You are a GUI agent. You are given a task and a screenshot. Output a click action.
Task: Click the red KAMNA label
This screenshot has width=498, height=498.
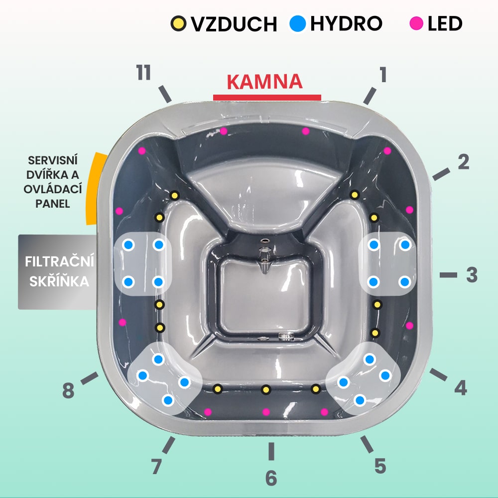(x=264, y=82)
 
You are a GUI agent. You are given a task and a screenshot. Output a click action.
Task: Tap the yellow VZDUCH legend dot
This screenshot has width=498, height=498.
(x=178, y=23)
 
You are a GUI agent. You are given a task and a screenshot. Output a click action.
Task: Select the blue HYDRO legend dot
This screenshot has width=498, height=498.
(x=298, y=23)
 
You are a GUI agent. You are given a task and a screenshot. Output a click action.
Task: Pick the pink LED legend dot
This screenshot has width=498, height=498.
(x=416, y=23)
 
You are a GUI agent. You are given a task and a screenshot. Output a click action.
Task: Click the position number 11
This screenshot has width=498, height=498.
(x=143, y=72)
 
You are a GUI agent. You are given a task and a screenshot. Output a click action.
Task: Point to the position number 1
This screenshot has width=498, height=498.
(x=383, y=74)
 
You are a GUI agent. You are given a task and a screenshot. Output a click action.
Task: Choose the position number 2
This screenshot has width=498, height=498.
(x=463, y=162)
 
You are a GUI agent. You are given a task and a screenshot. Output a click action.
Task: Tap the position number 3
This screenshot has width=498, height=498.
(x=472, y=275)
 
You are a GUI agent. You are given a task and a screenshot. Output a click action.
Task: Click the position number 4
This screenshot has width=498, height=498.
(x=461, y=388)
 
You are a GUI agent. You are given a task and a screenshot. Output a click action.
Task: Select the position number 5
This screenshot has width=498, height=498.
(x=380, y=466)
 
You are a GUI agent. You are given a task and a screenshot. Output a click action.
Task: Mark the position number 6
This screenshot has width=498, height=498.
(x=271, y=478)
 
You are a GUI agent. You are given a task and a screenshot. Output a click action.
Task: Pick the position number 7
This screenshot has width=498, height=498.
(x=156, y=467)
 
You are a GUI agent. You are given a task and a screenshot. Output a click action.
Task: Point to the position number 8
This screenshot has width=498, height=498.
(x=68, y=390)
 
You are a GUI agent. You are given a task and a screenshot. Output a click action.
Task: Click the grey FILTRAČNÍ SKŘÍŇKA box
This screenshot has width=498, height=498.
(x=57, y=272)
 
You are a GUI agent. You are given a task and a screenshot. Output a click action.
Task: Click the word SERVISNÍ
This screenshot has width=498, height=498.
(x=53, y=160)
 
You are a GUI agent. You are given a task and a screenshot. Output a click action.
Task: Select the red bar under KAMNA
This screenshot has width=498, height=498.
(x=267, y=98)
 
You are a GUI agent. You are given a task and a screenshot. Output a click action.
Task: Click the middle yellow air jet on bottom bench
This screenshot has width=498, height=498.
(x=266, y=389)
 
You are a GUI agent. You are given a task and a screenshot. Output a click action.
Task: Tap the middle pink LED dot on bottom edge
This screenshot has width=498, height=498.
(x=266, y=412)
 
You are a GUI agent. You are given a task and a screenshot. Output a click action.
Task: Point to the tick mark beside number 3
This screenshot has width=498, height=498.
(x=449, y=275)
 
